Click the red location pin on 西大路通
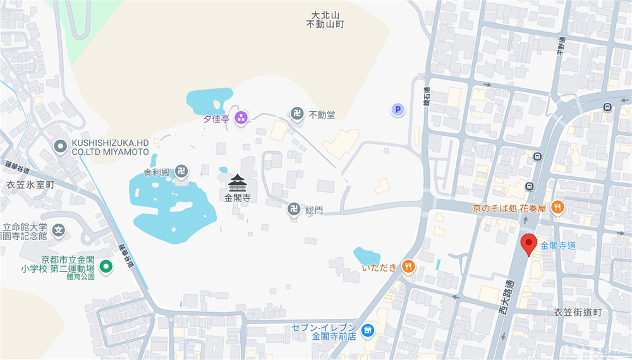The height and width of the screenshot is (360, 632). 528,243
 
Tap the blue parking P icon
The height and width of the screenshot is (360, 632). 398,110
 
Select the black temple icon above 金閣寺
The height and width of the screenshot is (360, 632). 237,183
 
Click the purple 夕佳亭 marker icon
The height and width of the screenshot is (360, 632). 241,117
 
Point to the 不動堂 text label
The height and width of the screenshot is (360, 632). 322,115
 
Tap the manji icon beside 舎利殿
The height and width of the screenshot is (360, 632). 181,171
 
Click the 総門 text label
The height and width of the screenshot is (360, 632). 313,210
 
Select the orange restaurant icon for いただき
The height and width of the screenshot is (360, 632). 409,267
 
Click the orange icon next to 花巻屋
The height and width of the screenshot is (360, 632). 557,207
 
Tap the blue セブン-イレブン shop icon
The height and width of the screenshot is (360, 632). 367,330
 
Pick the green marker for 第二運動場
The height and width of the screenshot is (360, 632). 107,267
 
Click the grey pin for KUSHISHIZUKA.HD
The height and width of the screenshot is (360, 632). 61,147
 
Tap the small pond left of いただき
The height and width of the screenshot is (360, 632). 365,255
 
